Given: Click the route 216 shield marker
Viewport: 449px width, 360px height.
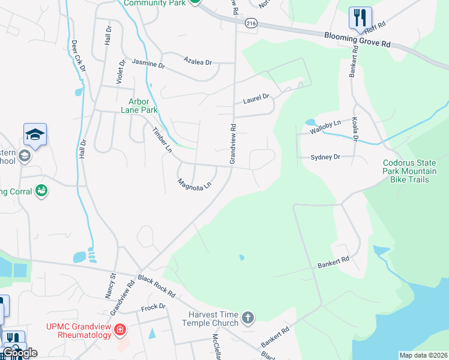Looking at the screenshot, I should point(250,23).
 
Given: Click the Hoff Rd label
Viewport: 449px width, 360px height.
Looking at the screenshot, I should point(374,26).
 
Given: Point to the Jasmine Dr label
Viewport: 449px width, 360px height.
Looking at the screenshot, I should point(148,63).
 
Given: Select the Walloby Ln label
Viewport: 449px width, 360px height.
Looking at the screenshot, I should point(325,126).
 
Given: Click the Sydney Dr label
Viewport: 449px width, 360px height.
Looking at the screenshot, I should point(325,157).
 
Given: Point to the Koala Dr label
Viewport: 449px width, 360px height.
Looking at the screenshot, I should point(355,128).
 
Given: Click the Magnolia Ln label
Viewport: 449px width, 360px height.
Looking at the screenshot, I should point(194,184).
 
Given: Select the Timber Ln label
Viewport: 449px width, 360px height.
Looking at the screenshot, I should point(161,139).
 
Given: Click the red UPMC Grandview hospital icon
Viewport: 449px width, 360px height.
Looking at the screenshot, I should point(121,329).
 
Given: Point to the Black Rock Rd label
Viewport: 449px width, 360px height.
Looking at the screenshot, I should point(155,287).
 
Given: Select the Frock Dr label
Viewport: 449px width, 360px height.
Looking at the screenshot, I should point(153,307).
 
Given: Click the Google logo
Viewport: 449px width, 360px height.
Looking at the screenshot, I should point(19,353).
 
